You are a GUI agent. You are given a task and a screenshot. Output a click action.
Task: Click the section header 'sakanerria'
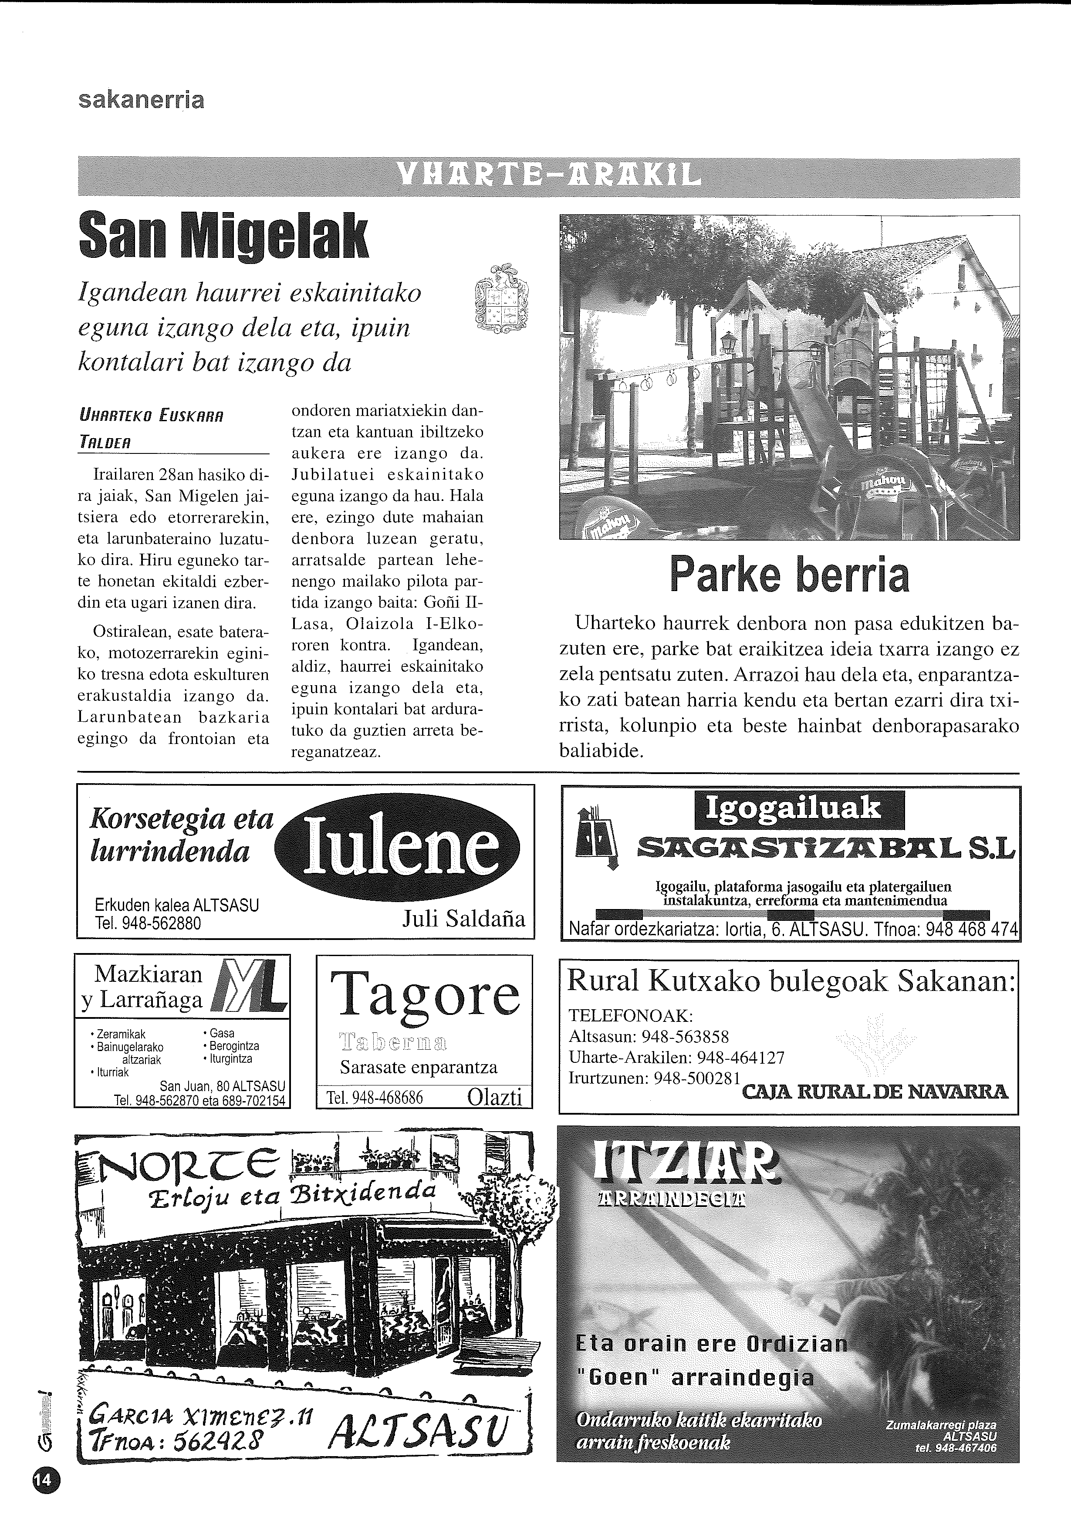[141, 100]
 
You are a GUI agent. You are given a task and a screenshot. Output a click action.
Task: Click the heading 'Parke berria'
[789, 575]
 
